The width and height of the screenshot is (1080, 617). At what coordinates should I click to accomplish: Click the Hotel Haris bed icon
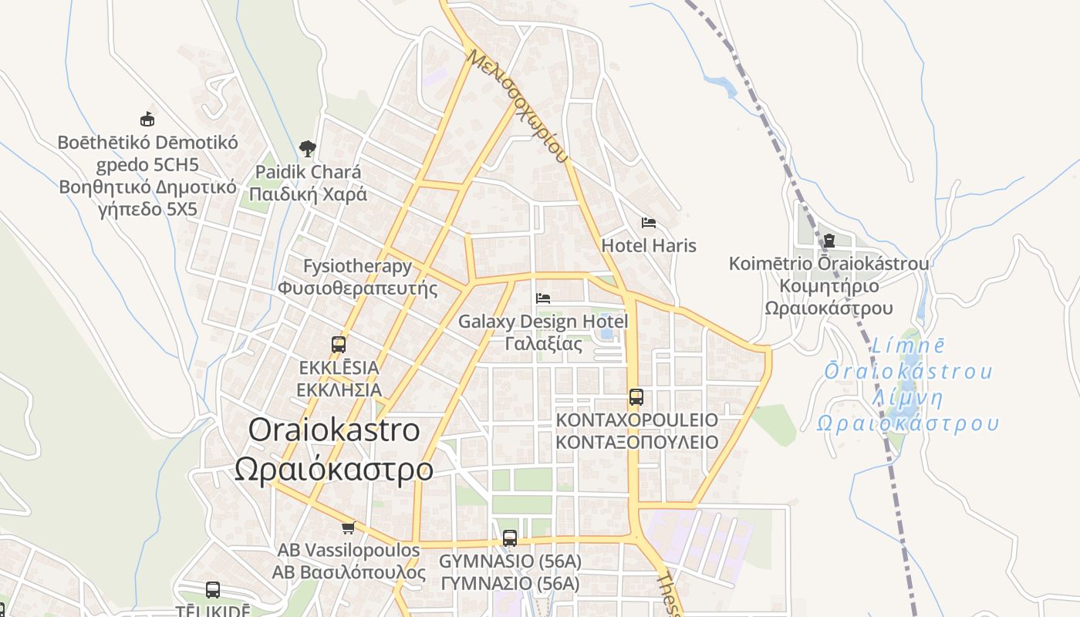[649, 223]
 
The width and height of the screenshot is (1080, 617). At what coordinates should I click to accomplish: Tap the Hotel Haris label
[649, 246]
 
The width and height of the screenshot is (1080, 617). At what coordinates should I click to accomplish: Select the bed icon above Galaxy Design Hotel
[543, 298]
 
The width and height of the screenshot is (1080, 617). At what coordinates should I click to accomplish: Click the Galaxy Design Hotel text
[543, 321]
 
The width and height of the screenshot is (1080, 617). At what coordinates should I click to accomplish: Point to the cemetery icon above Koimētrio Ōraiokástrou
[829, 241]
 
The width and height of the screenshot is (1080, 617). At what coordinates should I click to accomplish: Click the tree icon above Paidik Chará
[308, 148]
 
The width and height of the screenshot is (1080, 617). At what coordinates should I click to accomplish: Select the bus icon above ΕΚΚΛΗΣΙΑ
[339, 345]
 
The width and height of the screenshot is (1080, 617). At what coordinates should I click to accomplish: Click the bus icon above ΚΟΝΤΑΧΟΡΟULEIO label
[636, 397]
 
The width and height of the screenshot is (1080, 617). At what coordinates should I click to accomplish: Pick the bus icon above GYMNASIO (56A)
[510, 538]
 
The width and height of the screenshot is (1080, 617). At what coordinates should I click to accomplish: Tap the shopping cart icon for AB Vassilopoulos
[348, 528]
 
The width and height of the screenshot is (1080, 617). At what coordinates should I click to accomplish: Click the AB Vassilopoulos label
[349, 551]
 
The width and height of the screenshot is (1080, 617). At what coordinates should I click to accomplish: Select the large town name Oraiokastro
[334, 430]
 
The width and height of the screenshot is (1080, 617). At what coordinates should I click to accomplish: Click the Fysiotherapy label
[357, 267]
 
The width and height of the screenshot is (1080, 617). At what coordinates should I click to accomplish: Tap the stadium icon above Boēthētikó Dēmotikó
[147, 120]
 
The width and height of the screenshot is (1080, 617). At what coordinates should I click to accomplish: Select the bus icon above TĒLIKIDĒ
[213, 590]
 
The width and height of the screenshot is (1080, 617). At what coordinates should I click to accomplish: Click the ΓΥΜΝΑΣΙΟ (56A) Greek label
[510, 584]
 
